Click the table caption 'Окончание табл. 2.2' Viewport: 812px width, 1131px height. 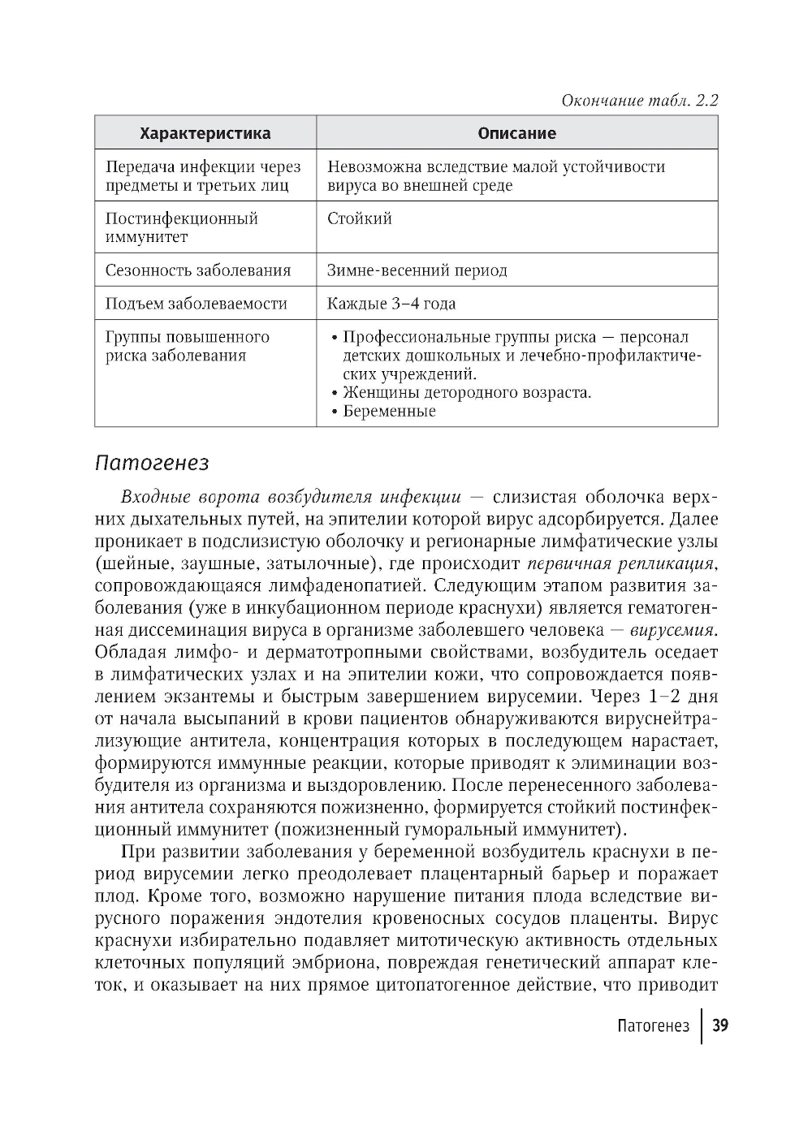click(640, 101)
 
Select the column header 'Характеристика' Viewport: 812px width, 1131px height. click(205, 133)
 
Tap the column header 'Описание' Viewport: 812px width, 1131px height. click(516, 133)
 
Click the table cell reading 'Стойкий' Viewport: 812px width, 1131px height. click(359, 218)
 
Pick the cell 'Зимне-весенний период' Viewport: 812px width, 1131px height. click(417, 270)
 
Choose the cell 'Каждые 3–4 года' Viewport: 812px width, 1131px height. click(391, 304)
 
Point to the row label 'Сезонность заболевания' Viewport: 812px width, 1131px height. click(197, 270)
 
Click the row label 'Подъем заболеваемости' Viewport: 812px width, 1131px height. click(196, 304)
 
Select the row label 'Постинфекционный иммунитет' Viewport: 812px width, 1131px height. click(181, 227)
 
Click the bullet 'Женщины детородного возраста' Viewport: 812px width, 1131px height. click(466, 393)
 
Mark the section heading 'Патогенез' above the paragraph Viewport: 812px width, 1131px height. click(152, 463)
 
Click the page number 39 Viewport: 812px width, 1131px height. click(719, 1025)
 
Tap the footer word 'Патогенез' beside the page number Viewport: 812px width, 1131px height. click(653, 1025)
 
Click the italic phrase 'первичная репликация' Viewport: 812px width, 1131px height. click(620, 563)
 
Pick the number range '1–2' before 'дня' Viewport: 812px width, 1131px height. click(666, 697)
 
